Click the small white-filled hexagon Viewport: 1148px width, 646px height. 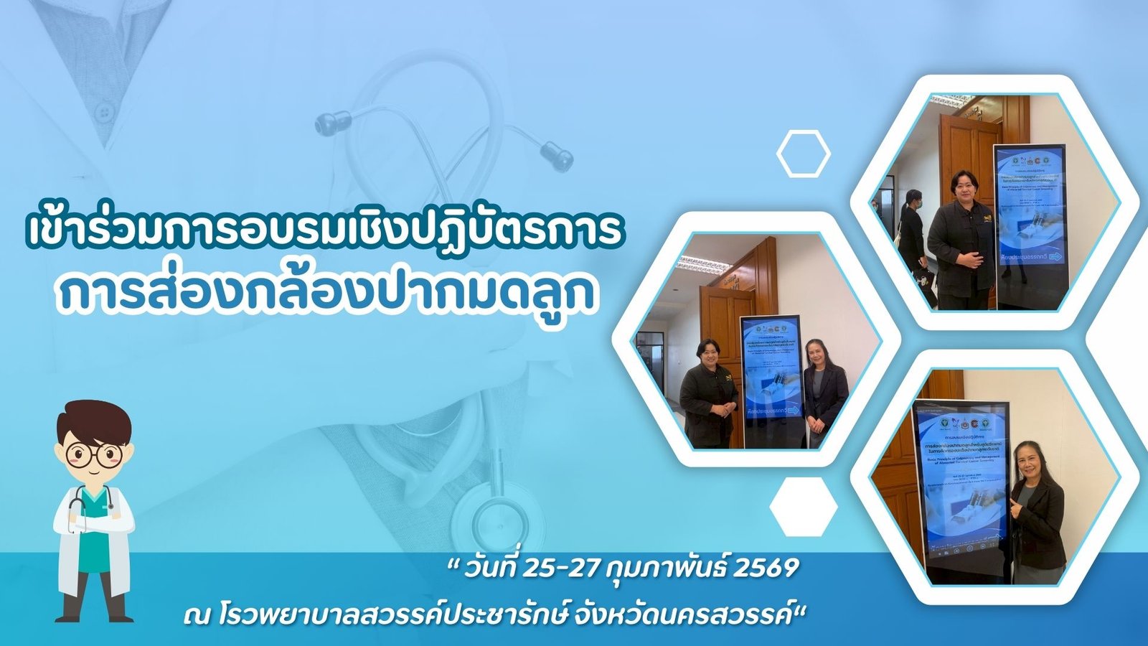click(804, 507)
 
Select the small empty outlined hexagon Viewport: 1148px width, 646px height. click(804, 153)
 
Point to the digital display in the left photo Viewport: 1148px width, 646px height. click(771, 380)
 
